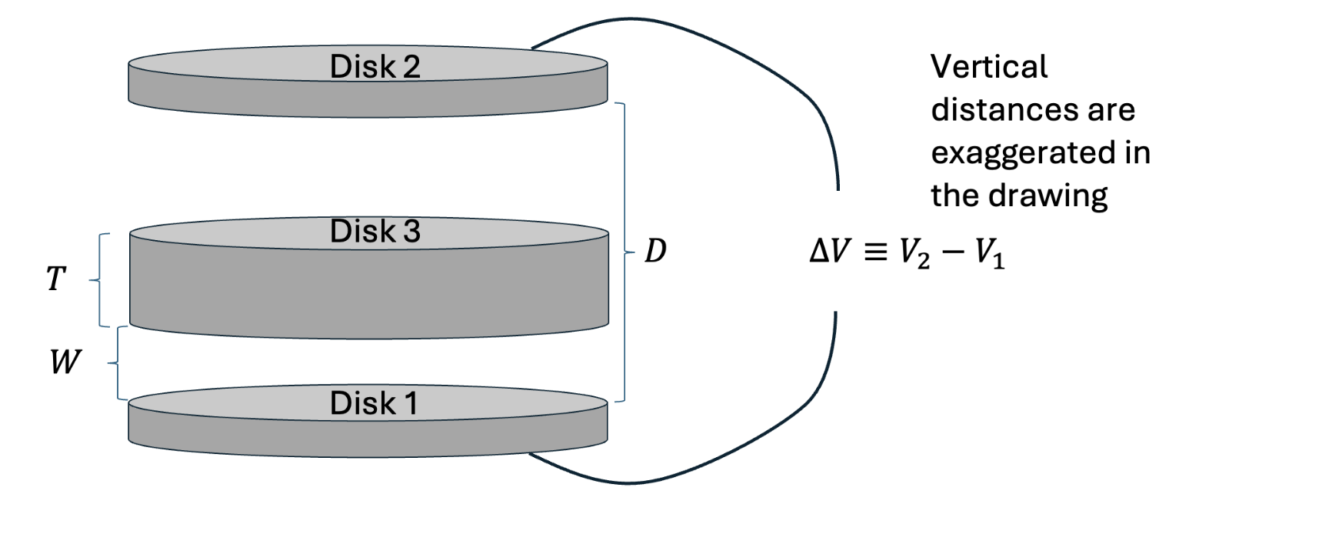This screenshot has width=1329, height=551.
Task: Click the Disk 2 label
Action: (x=375, y=67)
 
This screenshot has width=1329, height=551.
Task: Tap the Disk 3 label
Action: (x=375, y=232)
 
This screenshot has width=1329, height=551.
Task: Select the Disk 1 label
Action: (x=374, y=403)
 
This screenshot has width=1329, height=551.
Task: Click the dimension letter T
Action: (x=55, y=279)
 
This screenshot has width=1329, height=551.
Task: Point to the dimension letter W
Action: (x=64, y=362)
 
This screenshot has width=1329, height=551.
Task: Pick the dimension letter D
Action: (x=655, y=251)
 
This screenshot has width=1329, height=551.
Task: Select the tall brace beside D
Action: (x=624, y=252)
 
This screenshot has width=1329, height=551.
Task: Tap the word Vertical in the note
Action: (x=988, y=67)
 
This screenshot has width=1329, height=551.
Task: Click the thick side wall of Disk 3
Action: (x=369, y=292)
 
